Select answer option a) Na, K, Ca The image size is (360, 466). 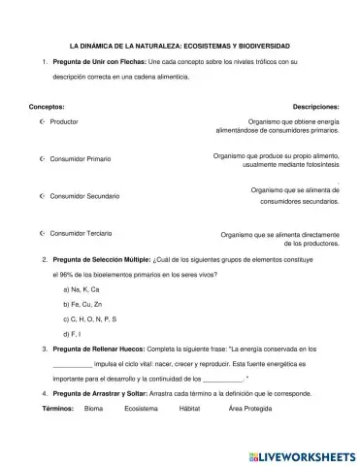point(82,290)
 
